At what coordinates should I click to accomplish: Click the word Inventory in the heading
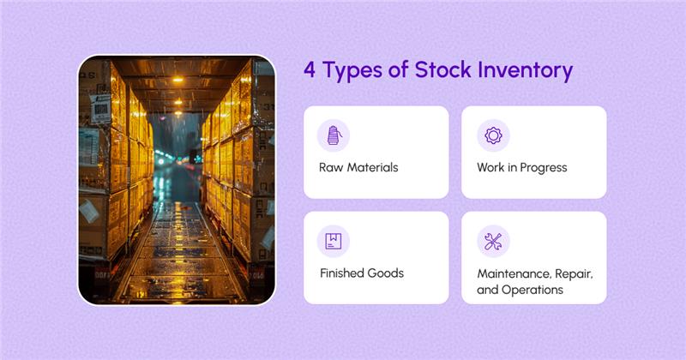tap(527, 71)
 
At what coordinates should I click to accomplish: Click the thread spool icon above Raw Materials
tap(333, 135)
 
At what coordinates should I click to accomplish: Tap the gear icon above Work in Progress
tap(493, 135)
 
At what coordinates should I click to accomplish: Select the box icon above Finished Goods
tap(333, 241)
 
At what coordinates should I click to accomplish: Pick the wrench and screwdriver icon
tap(493, 241)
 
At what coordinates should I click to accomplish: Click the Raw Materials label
tap(358, 167)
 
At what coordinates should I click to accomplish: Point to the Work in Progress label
tap(521, 167)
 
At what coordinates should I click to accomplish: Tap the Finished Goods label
tap(361, 273)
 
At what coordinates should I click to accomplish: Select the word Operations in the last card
tap(533, 290)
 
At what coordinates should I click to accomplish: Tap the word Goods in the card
tap(385, 273)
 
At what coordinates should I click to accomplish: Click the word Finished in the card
tap(341, 273)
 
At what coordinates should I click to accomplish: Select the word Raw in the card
tap(330, 167)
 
